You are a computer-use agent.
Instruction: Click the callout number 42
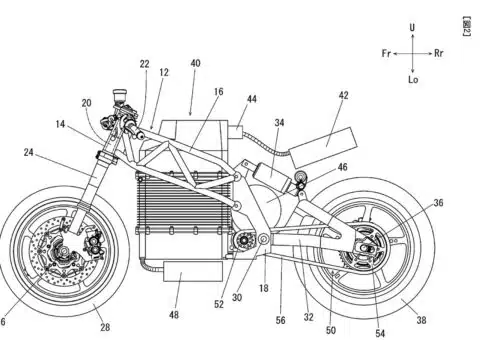pos(343,95)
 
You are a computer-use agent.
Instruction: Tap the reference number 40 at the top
pos(195,63)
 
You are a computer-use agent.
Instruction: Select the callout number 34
pos(279,123)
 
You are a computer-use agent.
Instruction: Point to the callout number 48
pos(174,314)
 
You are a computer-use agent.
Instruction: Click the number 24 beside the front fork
pos(29,152)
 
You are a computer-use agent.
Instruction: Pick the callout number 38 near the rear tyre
pos(421,320)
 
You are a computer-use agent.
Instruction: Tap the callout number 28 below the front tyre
pos(105,327)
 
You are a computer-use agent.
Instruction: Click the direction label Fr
pos(386,53)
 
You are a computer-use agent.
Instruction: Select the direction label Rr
pos(439,53)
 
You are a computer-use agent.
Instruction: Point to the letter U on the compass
pos(412,27)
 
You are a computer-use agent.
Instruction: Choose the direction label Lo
pos(413,79)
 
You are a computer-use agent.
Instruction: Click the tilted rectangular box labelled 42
pos(323,147)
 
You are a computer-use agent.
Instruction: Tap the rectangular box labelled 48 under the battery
pos(193,271)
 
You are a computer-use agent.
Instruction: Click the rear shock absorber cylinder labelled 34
pos(272,176)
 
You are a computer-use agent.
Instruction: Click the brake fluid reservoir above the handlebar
pos(119,95)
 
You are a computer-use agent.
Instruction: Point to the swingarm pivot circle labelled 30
pos(264,239)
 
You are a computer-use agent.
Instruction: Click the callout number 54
pos(380,333)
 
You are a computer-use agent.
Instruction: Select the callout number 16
pos(219,91)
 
